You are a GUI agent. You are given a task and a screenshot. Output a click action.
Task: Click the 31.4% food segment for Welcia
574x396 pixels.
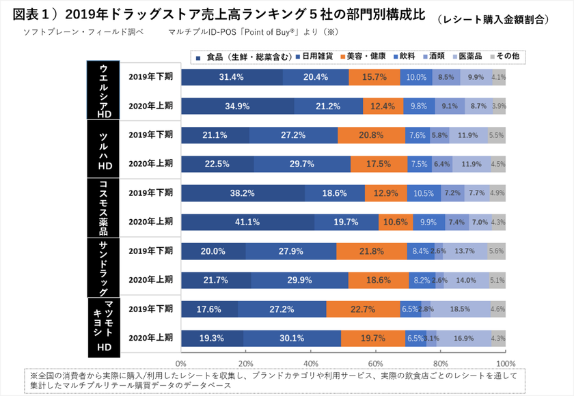click(x=232, y=77)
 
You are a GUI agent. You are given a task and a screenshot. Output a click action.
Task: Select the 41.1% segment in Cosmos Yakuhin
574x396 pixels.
click(x=247, y=222)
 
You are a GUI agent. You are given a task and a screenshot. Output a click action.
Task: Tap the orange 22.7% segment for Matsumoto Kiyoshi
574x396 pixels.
click(x=362, y=309)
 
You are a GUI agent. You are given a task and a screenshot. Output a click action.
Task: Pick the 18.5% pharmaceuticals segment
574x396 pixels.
click(x=460, y=309)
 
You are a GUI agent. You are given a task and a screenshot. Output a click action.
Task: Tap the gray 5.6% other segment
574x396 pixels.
click(x=497, y=251)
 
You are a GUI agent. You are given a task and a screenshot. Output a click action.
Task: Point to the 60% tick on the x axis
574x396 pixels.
click(x=376, y=363)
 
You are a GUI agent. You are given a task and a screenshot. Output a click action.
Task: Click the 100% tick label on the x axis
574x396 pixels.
click(x=505, y=363)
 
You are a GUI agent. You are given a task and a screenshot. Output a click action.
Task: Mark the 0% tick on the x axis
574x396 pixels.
click(x=182, y=363)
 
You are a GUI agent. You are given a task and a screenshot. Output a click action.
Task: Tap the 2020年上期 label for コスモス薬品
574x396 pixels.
click(x=150, y=222)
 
